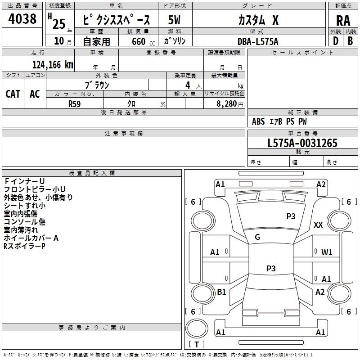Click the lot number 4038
click(22, 19)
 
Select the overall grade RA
click(343, 21)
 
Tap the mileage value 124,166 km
click(53, 64)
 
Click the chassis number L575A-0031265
click(302, 143)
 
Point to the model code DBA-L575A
click(258, 41)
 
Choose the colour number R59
click(75, 104)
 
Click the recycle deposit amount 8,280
click(227, 104)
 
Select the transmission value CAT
click(13, 94)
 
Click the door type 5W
click(174, 20)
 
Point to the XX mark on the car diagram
click(318, 225)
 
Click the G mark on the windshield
click(257, 237)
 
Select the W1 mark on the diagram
click(327, 252)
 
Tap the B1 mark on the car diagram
click(221, 292)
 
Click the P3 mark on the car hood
click(291, 216)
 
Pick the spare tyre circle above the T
click(197, 328)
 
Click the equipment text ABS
click(258, 121)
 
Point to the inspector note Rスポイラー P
click(24, 246)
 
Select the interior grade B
click(350, 41)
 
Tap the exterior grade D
click(335, 41)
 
